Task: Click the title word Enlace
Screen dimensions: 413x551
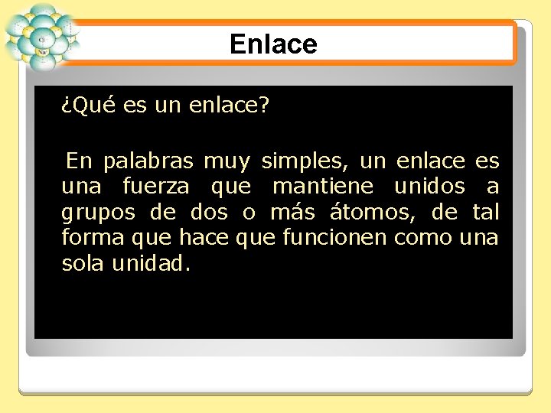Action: point(273,44)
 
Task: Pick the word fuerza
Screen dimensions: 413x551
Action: point(155,187)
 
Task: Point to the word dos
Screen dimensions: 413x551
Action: point(209,212)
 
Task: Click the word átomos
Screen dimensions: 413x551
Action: point(371,212)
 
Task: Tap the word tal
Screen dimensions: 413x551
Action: point(483,212)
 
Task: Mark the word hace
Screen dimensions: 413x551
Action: point(204,238)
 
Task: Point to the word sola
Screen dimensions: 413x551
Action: point(83,264)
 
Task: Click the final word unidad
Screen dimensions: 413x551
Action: point(152,264)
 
